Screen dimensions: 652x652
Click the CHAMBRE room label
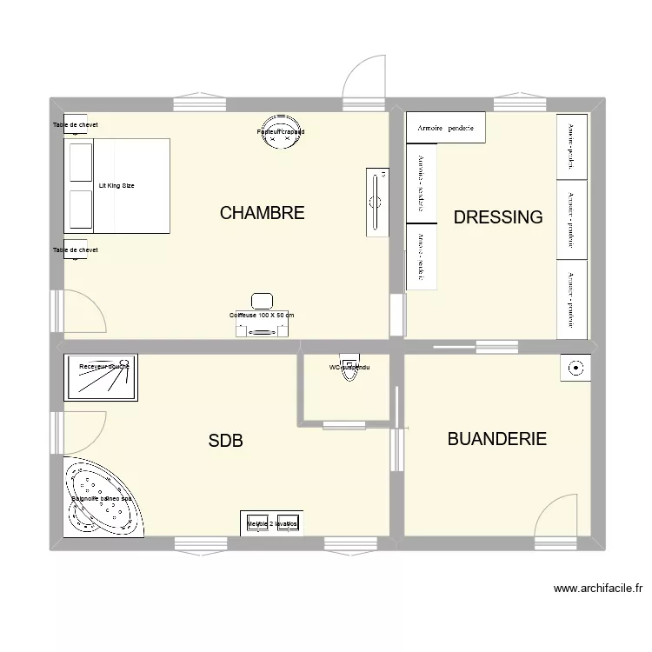coord(262,213)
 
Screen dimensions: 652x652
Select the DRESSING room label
coord(498,217)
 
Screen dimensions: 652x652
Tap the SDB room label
coord(225,441)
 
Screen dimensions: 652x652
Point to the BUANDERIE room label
coord(496,439)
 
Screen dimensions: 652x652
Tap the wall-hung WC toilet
coord(349,366)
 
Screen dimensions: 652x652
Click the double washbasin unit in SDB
coord(272,524)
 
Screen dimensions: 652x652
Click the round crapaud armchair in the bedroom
coord(281,132)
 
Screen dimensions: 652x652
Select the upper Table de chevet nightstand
coord(75,124)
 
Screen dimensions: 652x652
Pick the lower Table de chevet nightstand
coord(75,249)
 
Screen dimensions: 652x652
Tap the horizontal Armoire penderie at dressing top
coord(445,128)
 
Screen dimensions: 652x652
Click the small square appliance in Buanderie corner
coord(575,369)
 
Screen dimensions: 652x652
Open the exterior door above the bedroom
coord(363,78)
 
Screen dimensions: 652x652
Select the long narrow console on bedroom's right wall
coord(376,202)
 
